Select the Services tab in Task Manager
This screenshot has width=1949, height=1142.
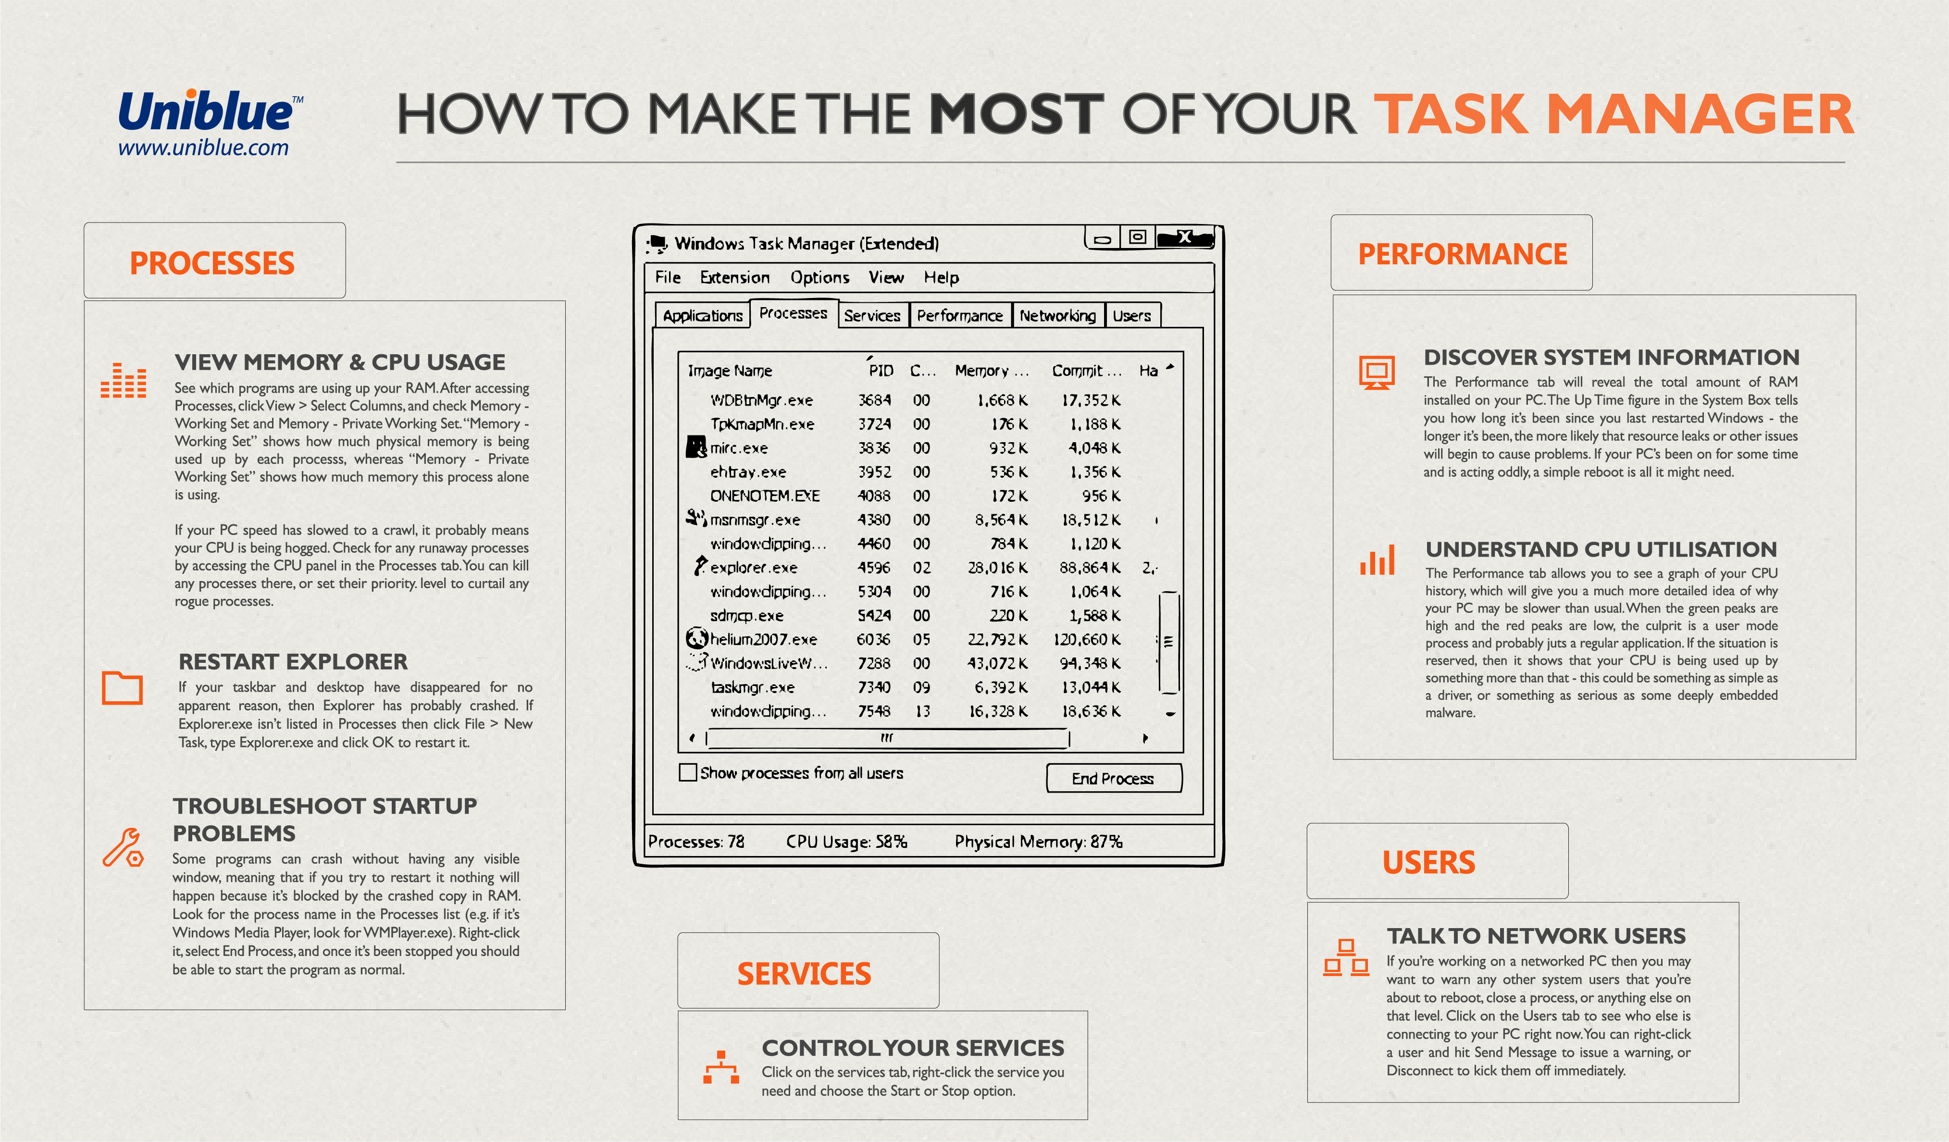point(871,315)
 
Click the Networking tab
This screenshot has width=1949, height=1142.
point(1057,315)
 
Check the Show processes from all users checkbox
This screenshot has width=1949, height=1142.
point(687,772)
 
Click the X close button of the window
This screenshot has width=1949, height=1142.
point(1184,237)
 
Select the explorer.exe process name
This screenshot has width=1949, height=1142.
point(753,568)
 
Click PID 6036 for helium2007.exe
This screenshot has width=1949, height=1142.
point(873,639)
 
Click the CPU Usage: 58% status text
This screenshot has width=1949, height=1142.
point(846,841)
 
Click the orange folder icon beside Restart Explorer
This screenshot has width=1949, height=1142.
point(122,687)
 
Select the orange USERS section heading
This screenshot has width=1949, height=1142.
point(1428,863)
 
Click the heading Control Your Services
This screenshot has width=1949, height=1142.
point(913,1048)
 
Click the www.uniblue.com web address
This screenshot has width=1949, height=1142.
point(203,148)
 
